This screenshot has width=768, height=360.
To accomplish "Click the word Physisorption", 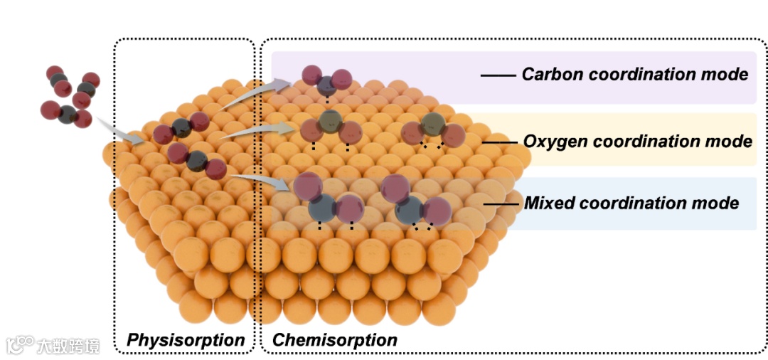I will (185, 340).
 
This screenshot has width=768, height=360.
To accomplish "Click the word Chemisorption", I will (334, 340).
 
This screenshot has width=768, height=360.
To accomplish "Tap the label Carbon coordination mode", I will (634, 74).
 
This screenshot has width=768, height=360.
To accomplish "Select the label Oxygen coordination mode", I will (637, 141).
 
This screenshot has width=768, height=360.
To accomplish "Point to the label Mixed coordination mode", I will (631, 203).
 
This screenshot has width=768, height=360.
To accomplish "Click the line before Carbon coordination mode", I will (498, 74).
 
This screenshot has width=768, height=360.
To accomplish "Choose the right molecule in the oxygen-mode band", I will (432, 130).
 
